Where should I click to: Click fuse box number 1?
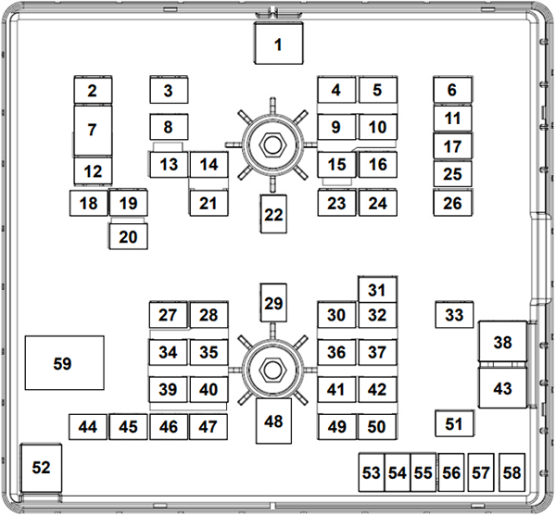[x=278, y=44]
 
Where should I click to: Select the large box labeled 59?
[x=63, y=363]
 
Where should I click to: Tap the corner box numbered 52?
[x=41, y=468]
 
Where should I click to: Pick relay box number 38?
[x=502, y=342]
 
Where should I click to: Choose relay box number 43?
[x=502, y=388]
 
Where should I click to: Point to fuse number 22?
[x=272, y=215]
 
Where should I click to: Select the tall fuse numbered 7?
[x=93, y=130]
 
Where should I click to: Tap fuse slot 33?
[x=454, y=315]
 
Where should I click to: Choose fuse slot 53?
[x=372, y=472]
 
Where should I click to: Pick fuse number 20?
[x=128, y=237]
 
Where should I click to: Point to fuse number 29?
[x=272, y=303]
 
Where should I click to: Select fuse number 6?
[x=453, y=90]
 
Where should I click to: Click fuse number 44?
[x=88, y=427]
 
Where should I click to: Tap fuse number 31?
[x=376, y=289]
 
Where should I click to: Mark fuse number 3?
[x=169, y=90]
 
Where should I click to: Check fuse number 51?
[x=454, y=423]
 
